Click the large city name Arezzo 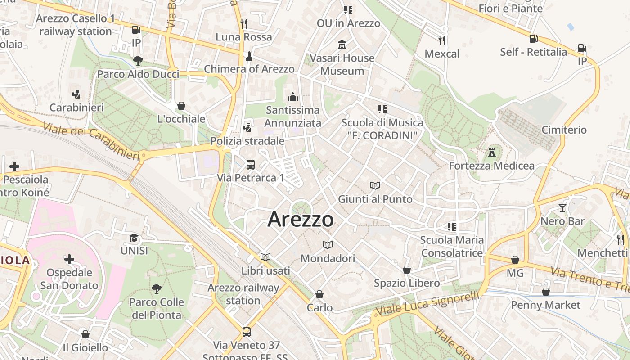301,220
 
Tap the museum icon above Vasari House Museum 342,45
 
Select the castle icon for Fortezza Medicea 492,153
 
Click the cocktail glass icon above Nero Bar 562,208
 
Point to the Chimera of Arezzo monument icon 249,56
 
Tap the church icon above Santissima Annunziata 293,97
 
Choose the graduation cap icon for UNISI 134,238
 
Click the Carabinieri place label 76,108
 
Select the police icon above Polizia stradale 247,128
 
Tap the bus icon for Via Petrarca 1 251,165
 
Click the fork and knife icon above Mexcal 442,40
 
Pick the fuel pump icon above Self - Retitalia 533,39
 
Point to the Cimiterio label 564,130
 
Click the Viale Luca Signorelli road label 427,305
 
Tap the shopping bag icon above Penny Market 546,292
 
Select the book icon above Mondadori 328,245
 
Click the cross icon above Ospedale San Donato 69,259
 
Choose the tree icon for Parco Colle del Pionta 157,288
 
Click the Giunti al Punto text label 375,199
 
